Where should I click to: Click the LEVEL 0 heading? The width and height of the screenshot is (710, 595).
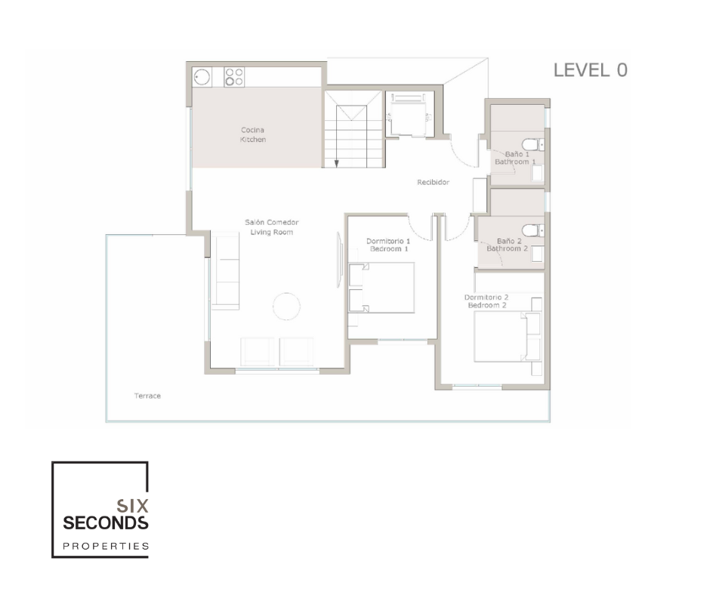pos(591,70)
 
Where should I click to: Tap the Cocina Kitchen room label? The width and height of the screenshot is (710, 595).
pos(253,135)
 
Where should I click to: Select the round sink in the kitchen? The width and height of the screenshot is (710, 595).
pos(202,77)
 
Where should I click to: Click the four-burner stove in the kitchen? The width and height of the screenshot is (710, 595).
pos(234,77)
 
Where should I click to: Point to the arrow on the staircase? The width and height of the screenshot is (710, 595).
pos(336,136)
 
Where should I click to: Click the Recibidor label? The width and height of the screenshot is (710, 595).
pos(434,182)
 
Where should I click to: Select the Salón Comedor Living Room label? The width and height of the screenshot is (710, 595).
pos(272,227)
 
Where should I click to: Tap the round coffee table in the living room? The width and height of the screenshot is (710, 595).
pos(286,307)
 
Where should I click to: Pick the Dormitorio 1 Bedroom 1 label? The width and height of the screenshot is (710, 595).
pos(388,245)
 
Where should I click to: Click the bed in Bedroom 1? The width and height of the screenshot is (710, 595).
pos(381,288)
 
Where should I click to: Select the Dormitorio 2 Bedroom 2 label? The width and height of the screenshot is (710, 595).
pos(486,301)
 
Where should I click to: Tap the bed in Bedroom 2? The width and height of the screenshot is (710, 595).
pos(508,337)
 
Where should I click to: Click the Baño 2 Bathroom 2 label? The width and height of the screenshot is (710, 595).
pos(508,245)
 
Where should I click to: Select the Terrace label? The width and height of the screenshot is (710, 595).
pos(147,396)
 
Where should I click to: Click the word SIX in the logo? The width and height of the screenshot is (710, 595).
pos(133,505)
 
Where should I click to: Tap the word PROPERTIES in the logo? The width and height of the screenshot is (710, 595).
pos(106,546)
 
